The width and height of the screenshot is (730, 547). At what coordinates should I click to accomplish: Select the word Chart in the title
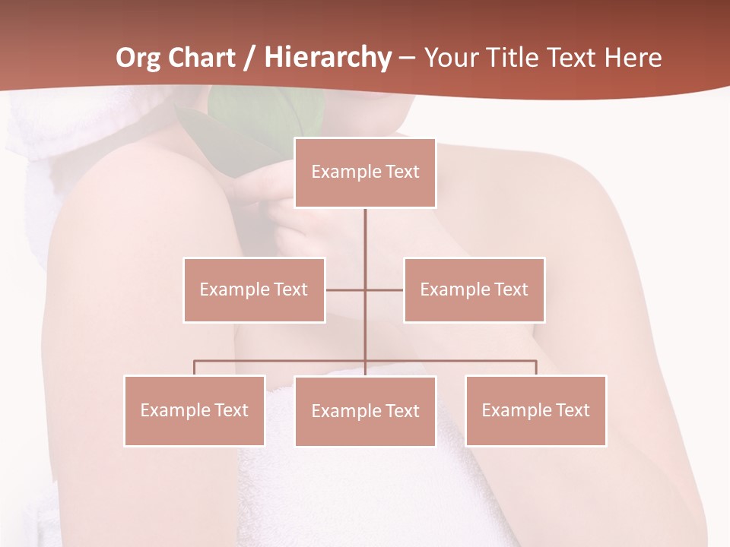tap(203, 58)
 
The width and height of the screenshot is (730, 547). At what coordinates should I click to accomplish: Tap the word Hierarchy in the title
tap(328, 58)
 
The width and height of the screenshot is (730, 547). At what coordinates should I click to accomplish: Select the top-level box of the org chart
tap(365, 172)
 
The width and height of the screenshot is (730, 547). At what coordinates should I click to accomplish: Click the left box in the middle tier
tap(254, 289)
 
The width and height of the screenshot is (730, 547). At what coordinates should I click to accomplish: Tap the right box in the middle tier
tap(474, 289)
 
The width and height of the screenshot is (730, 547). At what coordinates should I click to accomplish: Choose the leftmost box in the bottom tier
tap(195, 410)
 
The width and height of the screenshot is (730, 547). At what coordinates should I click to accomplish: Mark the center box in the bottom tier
tap(365, 411)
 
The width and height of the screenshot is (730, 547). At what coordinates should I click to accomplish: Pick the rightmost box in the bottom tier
tap(536, 410)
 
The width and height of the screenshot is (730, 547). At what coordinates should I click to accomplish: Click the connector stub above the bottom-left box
tap(195, 368)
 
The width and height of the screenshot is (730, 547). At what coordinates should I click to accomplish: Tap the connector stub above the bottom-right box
tap(536, 368)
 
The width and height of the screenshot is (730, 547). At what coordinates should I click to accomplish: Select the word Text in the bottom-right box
tap(572, 410)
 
